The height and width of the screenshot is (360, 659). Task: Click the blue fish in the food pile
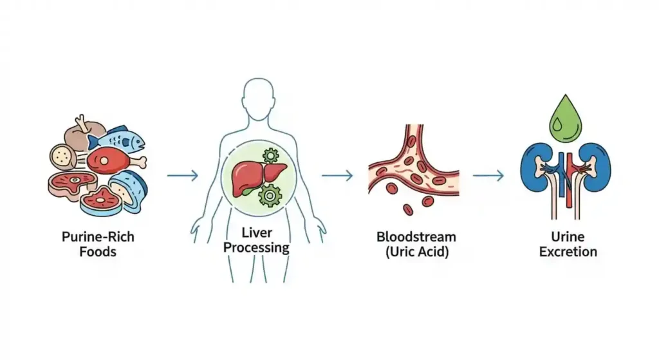(118, 139)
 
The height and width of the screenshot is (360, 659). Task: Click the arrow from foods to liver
(182, 175)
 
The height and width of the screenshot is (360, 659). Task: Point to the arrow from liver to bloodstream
(338, 175)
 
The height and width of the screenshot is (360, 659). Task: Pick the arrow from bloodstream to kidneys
(488, 175)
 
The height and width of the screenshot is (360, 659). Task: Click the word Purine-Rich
(98, 236)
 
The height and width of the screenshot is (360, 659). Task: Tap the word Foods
(98, 252)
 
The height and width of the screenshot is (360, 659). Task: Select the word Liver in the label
(256, 232)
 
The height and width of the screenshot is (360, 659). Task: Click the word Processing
(256, 247)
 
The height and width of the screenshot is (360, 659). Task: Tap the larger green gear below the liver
(270, 194)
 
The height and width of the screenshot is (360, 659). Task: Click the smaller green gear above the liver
(271, 155)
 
